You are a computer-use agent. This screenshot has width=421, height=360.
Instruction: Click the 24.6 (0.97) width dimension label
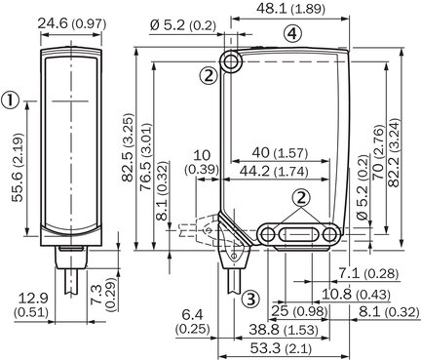(x=72, y=24)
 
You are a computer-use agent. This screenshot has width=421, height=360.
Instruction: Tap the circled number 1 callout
(x=10, y=100)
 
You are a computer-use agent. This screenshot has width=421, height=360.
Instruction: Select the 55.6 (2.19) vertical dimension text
(x=19, y=168)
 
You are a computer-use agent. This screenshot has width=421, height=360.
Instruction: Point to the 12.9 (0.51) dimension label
(x=31, y=305)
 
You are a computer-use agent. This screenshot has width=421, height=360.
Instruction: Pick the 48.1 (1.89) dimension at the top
(x=290, y=9)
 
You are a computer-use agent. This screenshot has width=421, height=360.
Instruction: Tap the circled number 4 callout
(x=292, y=33)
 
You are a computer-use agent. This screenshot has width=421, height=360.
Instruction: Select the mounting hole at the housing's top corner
(x=230, y=61)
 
